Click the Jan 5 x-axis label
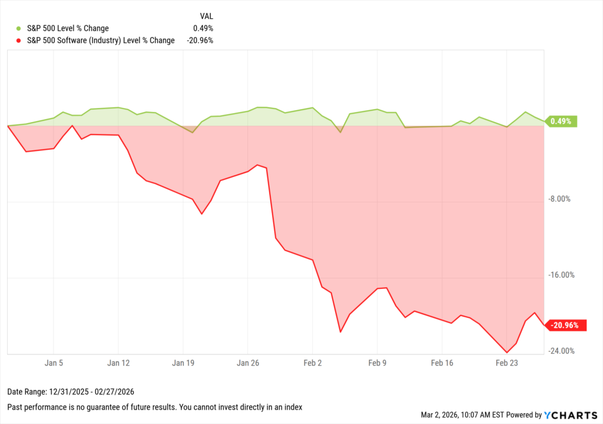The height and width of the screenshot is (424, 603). click(54, 363)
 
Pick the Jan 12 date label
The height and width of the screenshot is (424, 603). click(118, 363)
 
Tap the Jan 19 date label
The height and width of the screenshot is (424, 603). click(183, 363)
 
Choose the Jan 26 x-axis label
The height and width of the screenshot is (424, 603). click(248, 363)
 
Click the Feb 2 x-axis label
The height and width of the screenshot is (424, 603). click(313, 363)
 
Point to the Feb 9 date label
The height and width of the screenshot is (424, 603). click(377, 363)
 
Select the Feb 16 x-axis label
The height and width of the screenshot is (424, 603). click(442, 363)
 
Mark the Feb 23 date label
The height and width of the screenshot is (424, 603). click(506, 363)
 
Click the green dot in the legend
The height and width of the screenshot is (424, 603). click(18, 28)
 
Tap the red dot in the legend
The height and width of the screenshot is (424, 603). click(18, 41)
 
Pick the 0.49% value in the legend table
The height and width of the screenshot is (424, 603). click(203, 28)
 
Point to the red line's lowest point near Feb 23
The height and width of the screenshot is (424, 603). click(507, 353)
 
